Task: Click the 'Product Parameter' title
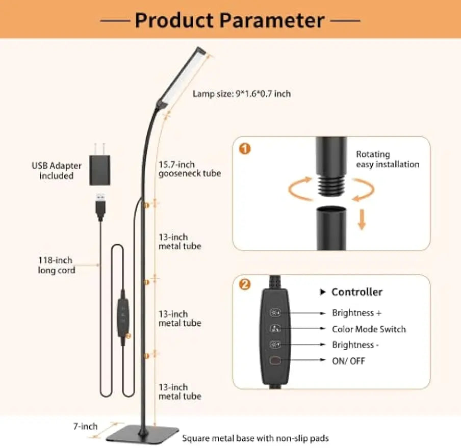(x=230, y=20)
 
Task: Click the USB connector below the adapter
(x=100, y=205)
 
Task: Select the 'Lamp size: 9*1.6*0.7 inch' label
(x=242, y=94)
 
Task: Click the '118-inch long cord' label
(x=57, y=266)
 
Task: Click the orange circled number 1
(x=245, y=149)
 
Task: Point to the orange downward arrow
(x=362, y=219)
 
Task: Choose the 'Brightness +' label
(x=356, y=313)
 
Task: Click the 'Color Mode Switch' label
(x=369, y=329)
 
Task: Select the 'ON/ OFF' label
(x=348, y=361)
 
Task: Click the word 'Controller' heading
(x=356, y=292)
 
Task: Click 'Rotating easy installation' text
(x=387, y=160)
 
